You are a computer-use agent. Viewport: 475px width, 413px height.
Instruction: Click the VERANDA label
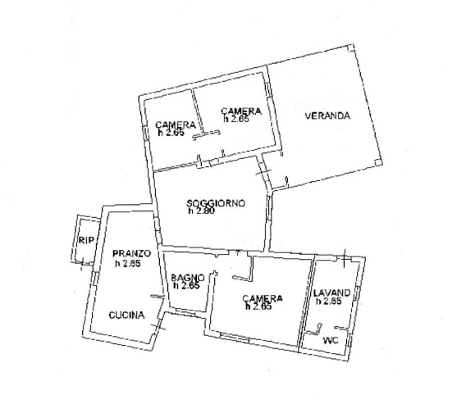tap(327, 116)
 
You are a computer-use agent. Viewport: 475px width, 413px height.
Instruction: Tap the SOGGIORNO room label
tap(216, 203)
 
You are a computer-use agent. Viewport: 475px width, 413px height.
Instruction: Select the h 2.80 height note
tap(202, 211)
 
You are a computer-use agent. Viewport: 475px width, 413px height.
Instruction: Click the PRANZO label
tap(131, 253)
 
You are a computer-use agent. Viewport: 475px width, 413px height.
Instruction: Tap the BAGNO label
tap(188, 278)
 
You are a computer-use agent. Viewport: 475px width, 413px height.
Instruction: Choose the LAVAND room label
tap(331, 293)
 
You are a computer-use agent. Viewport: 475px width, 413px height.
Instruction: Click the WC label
tap(331, 341)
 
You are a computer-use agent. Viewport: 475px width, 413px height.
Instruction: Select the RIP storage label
tap(86, 240)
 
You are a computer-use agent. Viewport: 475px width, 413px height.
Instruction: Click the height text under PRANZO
tap(128, 264)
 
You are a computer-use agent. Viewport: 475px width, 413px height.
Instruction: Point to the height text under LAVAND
tap(329, 301)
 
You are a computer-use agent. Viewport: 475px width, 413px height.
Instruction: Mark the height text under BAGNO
tap(186, 286)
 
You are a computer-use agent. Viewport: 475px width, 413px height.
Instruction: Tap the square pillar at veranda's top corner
tap(350, 48)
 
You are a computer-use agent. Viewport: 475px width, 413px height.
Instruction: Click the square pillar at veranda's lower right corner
tap(378, 163)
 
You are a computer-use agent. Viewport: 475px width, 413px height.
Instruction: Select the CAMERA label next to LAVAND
tap(263, 298)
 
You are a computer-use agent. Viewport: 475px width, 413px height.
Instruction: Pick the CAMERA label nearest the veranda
tap(241, 111)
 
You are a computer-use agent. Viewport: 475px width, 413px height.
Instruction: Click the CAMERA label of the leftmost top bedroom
tap(176, 125)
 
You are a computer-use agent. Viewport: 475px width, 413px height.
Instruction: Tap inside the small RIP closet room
tap(86, 241)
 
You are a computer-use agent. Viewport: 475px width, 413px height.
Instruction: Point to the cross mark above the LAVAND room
tap(344, 259)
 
